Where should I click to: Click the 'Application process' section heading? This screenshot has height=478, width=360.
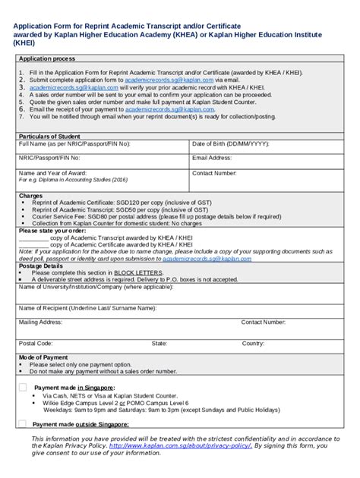point(46,58)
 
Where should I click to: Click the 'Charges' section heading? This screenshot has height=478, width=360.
point(31,196)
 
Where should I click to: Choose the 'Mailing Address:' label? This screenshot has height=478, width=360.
point(40,322)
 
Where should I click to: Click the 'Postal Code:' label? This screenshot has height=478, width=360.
point(35,343)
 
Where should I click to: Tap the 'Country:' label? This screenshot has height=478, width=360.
point(253,343)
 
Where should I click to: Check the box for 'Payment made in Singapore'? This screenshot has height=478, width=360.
point(23,387)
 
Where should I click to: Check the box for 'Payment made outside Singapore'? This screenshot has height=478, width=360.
point(23,424)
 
